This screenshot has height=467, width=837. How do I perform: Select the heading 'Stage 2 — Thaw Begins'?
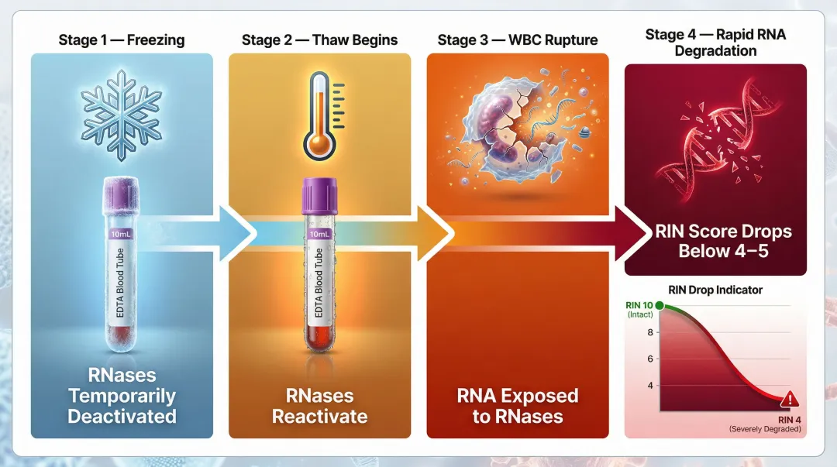pyautogui.click(x=319, y=39)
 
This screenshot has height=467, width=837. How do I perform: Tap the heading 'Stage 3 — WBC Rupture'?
pyautogui.click(x=517, y=39)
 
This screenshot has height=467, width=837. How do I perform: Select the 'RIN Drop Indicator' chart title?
pyautogui.click(x=715, y=290)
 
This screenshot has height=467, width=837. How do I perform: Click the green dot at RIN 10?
pyautogui.click(x=660, y=307)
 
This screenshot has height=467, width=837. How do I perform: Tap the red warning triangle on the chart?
pyautogui.click(x=790, y=400)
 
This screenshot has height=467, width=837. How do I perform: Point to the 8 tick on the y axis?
pyautogui.click(x=650, y=333)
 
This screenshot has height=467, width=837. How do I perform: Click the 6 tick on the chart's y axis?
pyautogui.click(x=650, y=359)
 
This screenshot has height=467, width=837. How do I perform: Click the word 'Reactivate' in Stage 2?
pyautogui.click(x=319, y=416)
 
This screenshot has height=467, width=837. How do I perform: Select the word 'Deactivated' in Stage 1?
pyautogui.click(x=122, y=416)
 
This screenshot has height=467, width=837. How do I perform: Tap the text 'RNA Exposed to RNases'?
pyautogui.click(x=517, y=406)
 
